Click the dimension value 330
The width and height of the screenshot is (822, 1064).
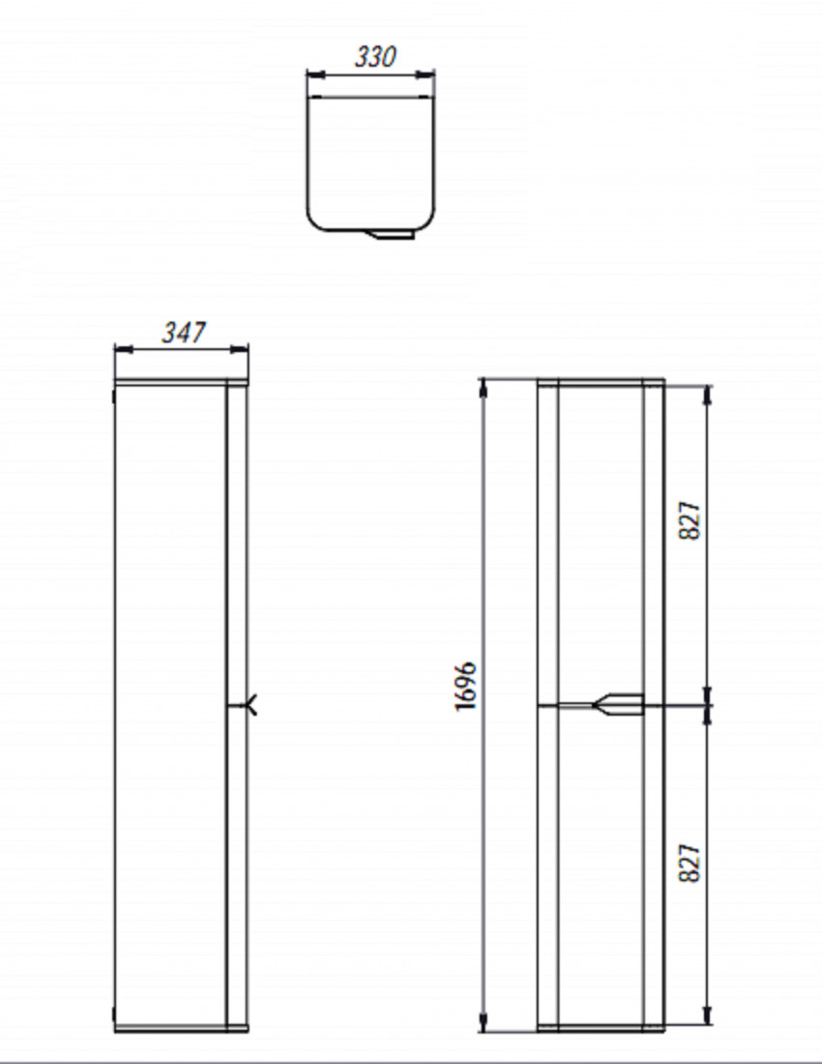[x=375, y=57]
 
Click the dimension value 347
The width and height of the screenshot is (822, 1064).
[x=183, y=333]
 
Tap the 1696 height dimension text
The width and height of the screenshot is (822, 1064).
[x=466, y=686]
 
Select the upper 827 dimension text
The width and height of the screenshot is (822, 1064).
[x=690, y=520]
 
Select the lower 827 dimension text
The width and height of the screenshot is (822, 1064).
[x=690, y=863]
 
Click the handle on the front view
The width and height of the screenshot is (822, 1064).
[x=618, y=704]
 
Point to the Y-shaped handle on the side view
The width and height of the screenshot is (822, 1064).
[x=250, y=705]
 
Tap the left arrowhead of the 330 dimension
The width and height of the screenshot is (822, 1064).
[x=316, y=74]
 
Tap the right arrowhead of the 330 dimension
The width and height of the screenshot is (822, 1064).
[x=425, y=74]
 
